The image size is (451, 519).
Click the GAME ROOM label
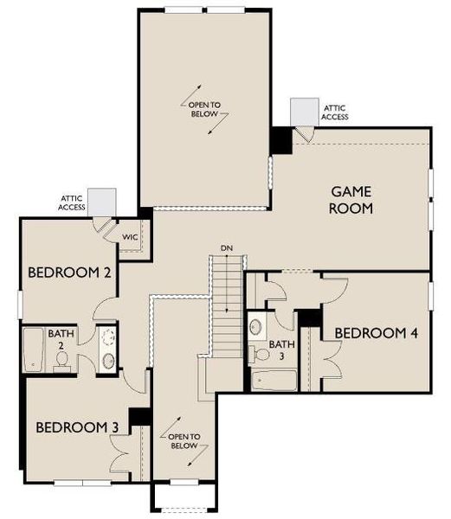(x=351, y=199)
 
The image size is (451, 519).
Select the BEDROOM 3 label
(x=76, y=427)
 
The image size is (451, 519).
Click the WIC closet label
(x=130, y=237)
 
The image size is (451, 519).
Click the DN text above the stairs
(x=227, y=249)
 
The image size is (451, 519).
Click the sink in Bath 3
(x=256, y=328)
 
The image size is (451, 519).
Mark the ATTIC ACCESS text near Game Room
(x=335, y=112)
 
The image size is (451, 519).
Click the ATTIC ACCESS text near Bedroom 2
(x=73, y=202)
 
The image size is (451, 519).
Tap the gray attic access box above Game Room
(x=304, y=110)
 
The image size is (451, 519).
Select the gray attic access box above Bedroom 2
(x=101, y=201)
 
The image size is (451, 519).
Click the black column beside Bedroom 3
(x=139, y=415)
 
